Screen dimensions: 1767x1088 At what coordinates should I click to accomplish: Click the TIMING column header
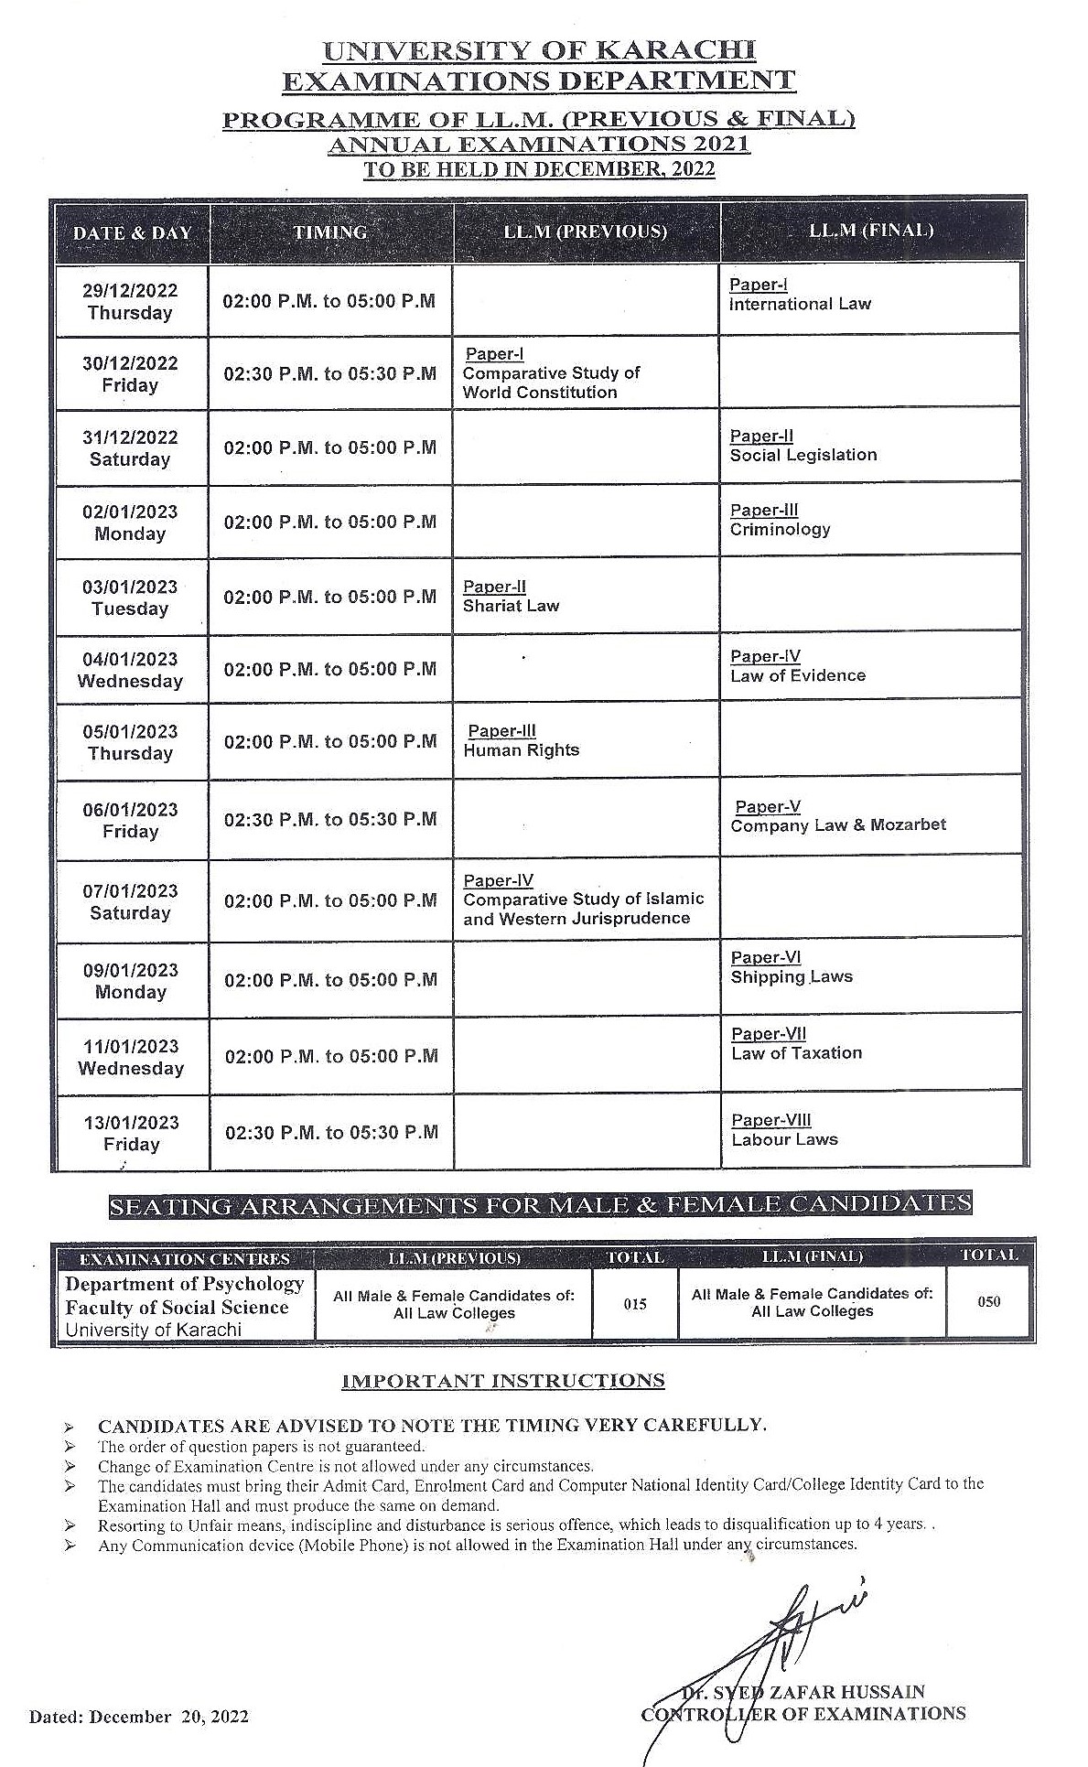click(x=330, y=232)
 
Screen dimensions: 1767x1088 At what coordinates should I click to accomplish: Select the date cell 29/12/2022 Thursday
click(x=130, y=301)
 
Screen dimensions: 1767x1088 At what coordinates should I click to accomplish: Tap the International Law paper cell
click(x=800, y=304)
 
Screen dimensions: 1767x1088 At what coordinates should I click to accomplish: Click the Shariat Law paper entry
click(x=511, y=606)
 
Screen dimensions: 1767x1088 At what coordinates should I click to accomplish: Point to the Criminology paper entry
click(x=780, y=529)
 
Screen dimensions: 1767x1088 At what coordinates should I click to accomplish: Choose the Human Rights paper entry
click(x=521, y=749)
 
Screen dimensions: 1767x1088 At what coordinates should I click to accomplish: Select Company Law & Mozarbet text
click(x=838, y=824)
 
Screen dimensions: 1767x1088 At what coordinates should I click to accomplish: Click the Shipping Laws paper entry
click(x=792, y=976)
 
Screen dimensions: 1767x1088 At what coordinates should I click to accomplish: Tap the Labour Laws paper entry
click(x=784, y=1139)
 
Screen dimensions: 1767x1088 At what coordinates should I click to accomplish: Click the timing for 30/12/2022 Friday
click(x=330, y=373)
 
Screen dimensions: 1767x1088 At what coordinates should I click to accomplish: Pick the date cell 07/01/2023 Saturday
click(x=130, y=901)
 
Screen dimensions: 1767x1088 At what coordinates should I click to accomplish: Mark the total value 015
click(x=635, y=1304)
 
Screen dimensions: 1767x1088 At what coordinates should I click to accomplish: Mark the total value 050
click(x=988, y=1301)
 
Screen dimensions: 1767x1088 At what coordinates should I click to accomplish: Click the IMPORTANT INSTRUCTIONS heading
click(x=502, y=1380)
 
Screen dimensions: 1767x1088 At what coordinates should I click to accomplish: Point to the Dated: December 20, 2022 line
click(x=139, y=1717)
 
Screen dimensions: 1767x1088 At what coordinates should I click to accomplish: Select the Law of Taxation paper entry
click(x=796, y=1052)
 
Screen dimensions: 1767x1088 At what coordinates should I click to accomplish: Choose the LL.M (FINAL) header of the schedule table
click(x=871, y=231)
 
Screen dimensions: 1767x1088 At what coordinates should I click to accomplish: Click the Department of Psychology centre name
click(x=184, y=1284)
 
